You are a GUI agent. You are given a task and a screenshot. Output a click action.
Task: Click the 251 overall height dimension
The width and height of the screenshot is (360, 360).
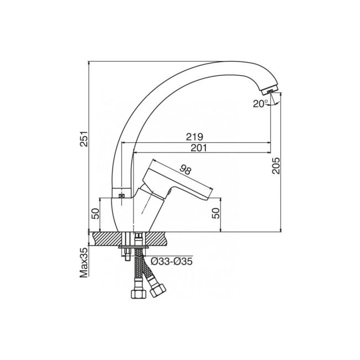coord(84,138)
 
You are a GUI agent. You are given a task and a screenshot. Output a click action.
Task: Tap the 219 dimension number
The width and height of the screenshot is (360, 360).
coord(194,137)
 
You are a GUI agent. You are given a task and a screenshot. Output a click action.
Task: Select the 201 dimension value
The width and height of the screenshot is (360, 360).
coord(199,148)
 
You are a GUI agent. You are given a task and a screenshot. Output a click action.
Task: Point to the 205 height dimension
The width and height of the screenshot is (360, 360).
coord(276,166)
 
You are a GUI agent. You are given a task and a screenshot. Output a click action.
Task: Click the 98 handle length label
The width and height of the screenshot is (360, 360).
coord(186,170)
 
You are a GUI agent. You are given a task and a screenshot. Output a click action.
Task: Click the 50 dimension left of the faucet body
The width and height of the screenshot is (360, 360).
coord(95,213)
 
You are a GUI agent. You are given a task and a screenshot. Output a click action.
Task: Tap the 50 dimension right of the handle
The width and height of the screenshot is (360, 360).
coord(216,213)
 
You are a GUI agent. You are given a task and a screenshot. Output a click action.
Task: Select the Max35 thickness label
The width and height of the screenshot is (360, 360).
coord(84,263)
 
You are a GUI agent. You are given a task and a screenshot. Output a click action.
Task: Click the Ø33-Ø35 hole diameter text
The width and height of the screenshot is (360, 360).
coord(172,261)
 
